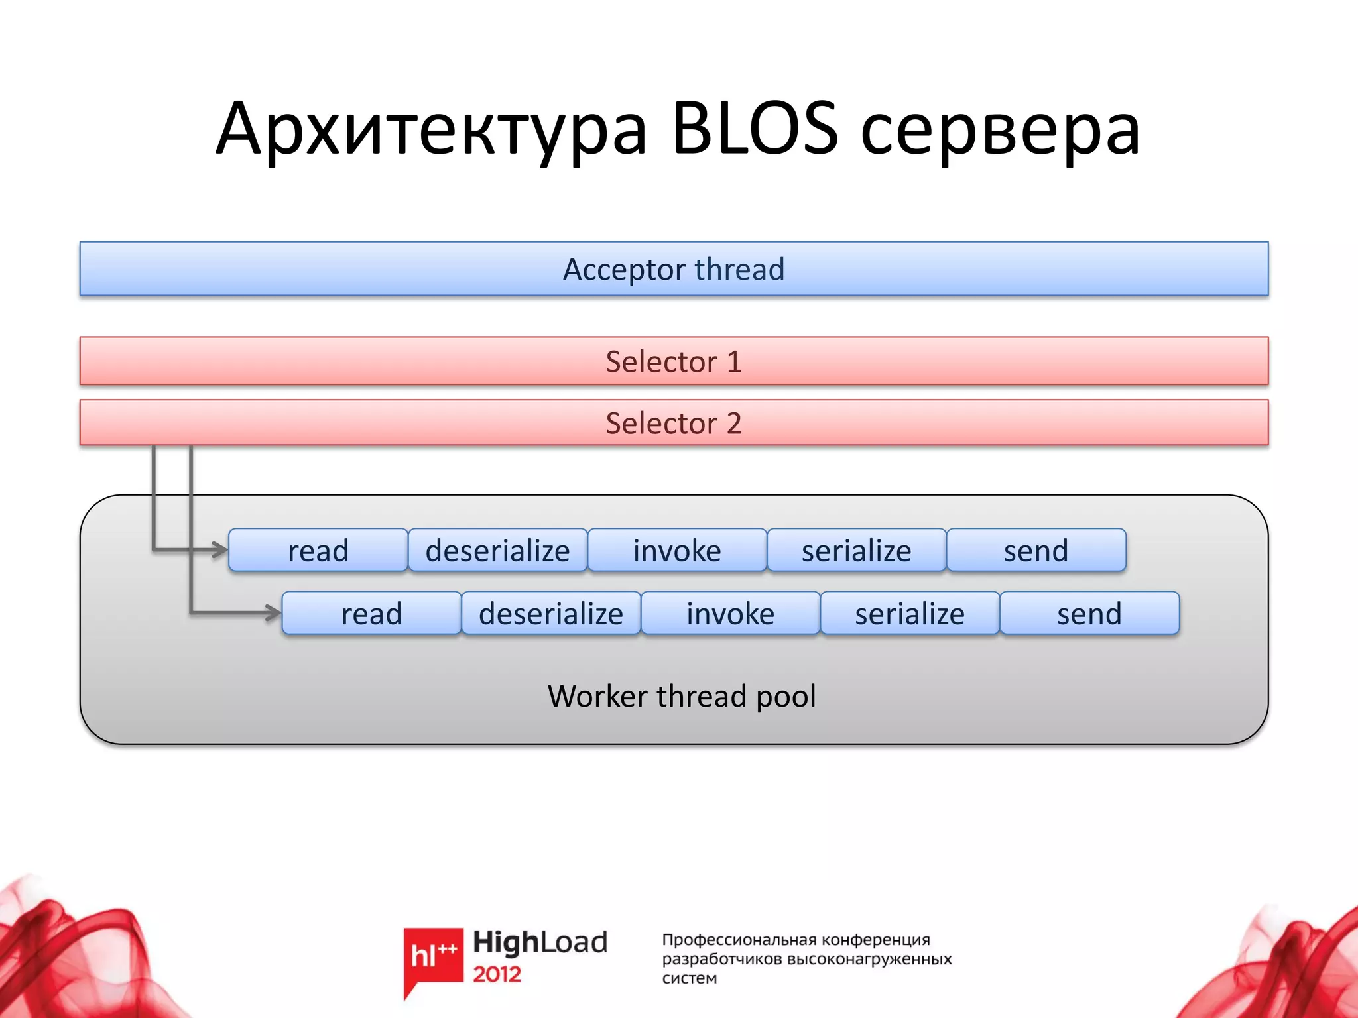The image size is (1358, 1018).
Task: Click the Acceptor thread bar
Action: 674,269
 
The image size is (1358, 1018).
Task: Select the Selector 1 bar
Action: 674,361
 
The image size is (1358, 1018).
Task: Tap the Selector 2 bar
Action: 674,423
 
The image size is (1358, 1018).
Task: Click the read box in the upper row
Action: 318,550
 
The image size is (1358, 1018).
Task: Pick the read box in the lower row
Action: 371,613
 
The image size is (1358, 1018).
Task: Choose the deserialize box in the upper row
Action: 497,550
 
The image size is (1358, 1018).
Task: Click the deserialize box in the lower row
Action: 551,613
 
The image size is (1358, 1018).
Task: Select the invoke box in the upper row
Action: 677,550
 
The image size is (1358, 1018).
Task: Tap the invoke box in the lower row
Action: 730,613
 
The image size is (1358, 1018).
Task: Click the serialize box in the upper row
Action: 857,550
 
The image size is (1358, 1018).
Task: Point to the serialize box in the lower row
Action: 910,613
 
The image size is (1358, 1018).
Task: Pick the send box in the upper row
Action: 1036,550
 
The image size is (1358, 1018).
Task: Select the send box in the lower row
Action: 1089,613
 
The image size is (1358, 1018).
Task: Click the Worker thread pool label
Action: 682,696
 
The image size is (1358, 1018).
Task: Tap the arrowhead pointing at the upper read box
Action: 220,549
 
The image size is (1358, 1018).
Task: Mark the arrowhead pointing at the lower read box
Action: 273,612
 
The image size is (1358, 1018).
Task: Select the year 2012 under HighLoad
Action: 497,974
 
